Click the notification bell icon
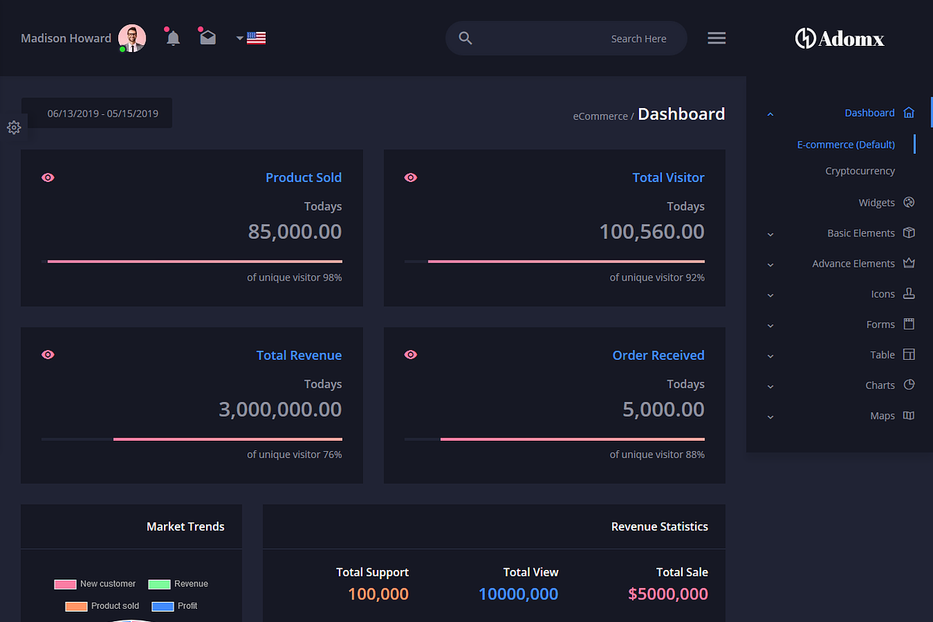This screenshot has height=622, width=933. pyautogui.click(x=173, y=38)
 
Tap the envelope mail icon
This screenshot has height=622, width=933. pyautogui.click(x=208, y=37)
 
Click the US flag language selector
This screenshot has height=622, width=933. pyautogui.click(x=256, y=37)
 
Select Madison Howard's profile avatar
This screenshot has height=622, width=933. pyautogui.click(x=132, y=38)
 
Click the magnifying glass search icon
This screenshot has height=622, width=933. pyautogui.click(x=466, y=38)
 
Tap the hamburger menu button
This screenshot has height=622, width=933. pyautogui.click(x=717, y=38)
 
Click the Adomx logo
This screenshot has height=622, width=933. pyautogui.click(x=840, y=38)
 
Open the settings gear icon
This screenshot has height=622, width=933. pyautogui.click(x=14, y=128)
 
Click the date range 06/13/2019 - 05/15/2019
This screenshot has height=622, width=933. pyautogui.click(x=103, y=114)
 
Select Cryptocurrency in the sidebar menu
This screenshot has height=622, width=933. pyautogui.click(x=860, y=171)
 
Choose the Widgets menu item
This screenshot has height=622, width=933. pyautogui.click(x=876, y=203)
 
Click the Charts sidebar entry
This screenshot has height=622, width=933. pyautogui.click(x=880, y=386)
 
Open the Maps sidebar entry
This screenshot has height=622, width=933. pyautogui.click(x=882, y=416)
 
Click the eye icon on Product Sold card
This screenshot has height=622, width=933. pyautogui.click(x=48, y=178)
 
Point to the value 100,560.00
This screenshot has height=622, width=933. pyautogui.click(x=652, y=232)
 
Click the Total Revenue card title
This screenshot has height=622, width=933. pyautogui.click(x=299, y=355)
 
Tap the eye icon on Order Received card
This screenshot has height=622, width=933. pyautogui.click(x=411, y=355)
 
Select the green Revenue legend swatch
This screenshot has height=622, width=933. pyautogui.click(x=159, y=585)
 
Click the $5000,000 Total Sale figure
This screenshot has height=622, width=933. pyautogui.click(x=668, y=595)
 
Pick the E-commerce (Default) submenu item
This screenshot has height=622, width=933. pyautogui.click(x=846, y=145)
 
